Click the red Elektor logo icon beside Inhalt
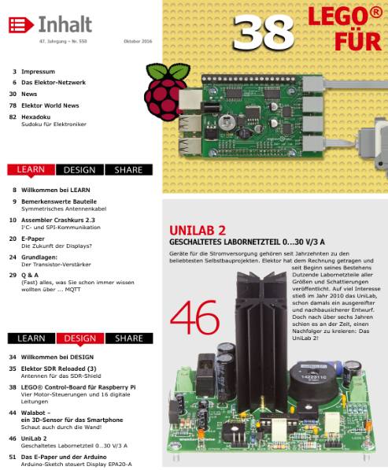tap(17, 25)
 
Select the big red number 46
tap(195, 315)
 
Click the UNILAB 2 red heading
tap(198, 230)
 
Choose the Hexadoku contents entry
tap(39, 116)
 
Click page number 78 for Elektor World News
tap(13, 105)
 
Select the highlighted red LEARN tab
tap(30, 170)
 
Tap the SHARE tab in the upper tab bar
tap(128, 170)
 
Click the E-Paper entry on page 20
tap(33, 238)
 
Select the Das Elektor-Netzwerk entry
tap(54, 83)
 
